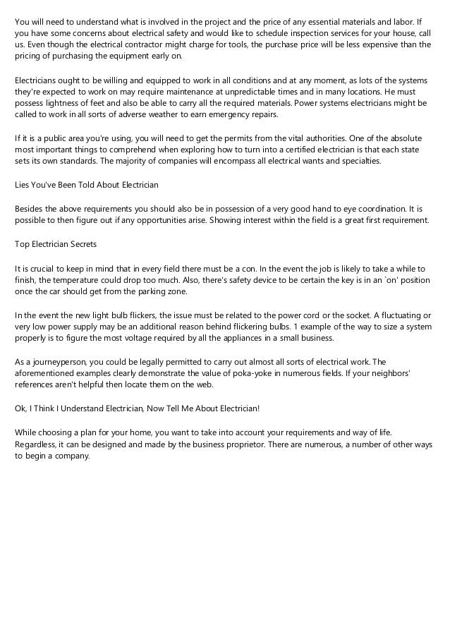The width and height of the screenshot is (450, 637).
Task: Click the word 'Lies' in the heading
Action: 23,185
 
